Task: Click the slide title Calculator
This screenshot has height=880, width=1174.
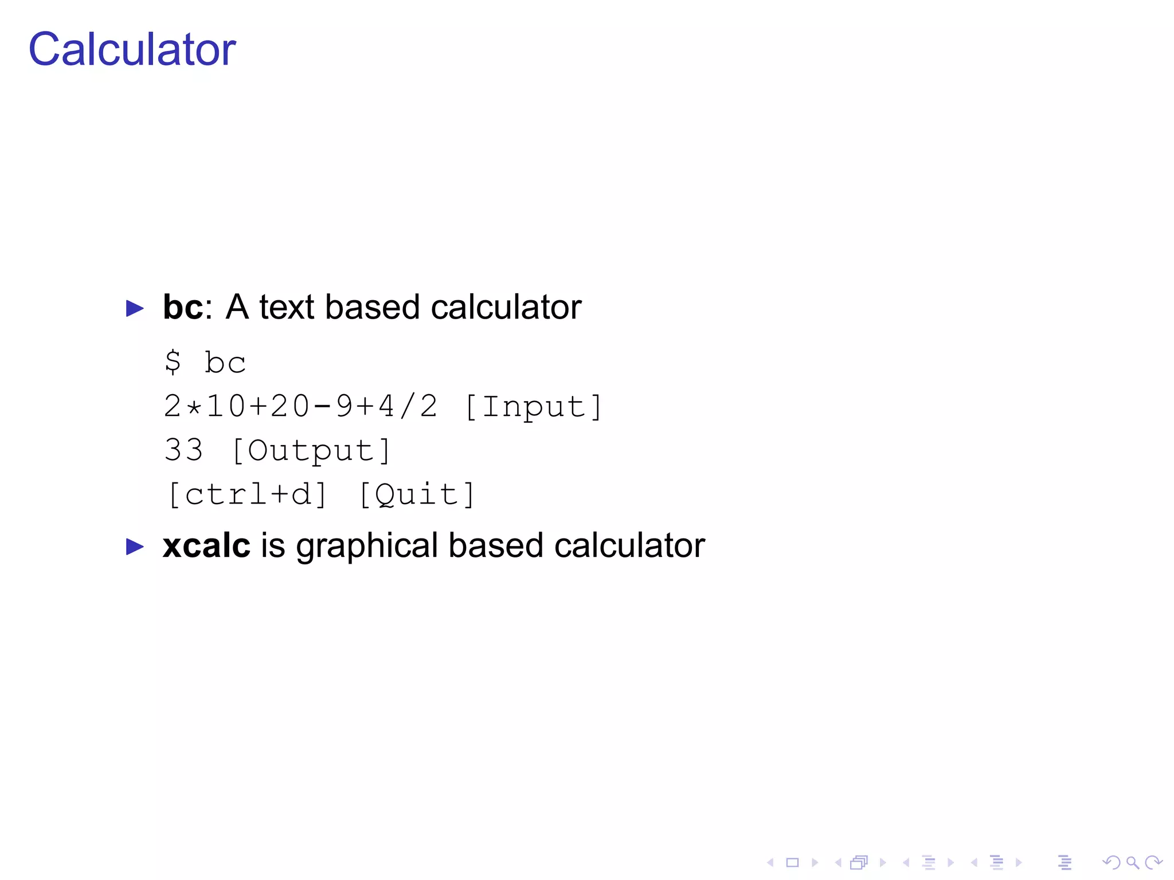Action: pyautogui.click(x=132, y=49)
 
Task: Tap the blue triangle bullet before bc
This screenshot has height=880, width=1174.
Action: pyautogui.click(x=135, y=308)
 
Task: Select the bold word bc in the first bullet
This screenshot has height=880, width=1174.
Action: pyautogui.click(x=182, y=307)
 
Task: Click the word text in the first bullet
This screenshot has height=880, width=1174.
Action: pyautogui.click(x=287, y=307)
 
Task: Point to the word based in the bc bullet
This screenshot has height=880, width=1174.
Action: pyautogui.click(x=373, y=307)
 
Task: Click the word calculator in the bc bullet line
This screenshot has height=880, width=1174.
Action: pyautogui.click(x=506, y=307)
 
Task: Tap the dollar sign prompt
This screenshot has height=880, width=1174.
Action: pyautogui.click(x=173, y=363)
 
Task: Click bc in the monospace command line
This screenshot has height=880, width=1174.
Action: pyautogui.click(x=225, y=363)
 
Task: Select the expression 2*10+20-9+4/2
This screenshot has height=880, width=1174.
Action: pyautogui.click(x=300, y=406)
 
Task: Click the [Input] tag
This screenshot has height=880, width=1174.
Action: pyautogui.click(x=533, y=407)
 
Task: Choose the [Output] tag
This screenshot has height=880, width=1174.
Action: pyautogui.click(x=311, y=450)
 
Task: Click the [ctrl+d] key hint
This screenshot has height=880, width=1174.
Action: pyautogui.click(x=248, y=494)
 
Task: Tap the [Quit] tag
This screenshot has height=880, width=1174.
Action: pyautogui.click(x=417, y=494)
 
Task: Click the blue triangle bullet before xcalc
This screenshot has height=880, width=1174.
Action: pyautogui.click(x=135, y=547)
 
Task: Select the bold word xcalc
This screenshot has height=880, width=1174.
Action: pyautogui.click(x=206, y=545)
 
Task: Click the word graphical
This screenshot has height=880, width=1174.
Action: pyautogui.click(x=367, y=547)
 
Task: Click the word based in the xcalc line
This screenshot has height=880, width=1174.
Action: pyautogui.click(x=495, y=545)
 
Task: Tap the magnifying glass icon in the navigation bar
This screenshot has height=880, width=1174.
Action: pyautogui.click(x=1132, y=863)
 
